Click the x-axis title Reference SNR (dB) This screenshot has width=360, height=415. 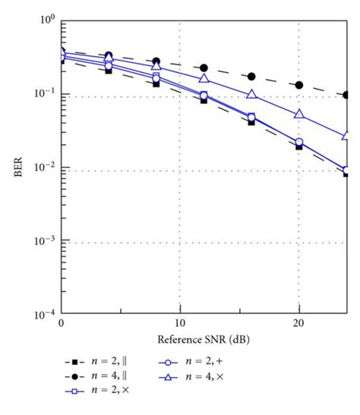point(204,338)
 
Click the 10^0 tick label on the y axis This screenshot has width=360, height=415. point(46,18)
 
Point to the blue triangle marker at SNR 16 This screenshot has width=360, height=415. point(251,95)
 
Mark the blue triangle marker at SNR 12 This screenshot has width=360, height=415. point(204,78)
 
